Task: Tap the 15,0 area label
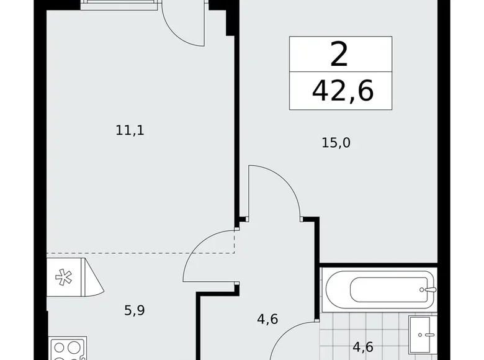(336, 143)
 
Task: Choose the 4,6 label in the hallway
(267, 320)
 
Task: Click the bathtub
(379, 289)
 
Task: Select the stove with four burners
(67, 348)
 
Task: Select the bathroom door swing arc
(295, 338)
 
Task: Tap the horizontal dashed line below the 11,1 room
(140, 253)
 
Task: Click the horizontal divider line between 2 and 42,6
(341, 73)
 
